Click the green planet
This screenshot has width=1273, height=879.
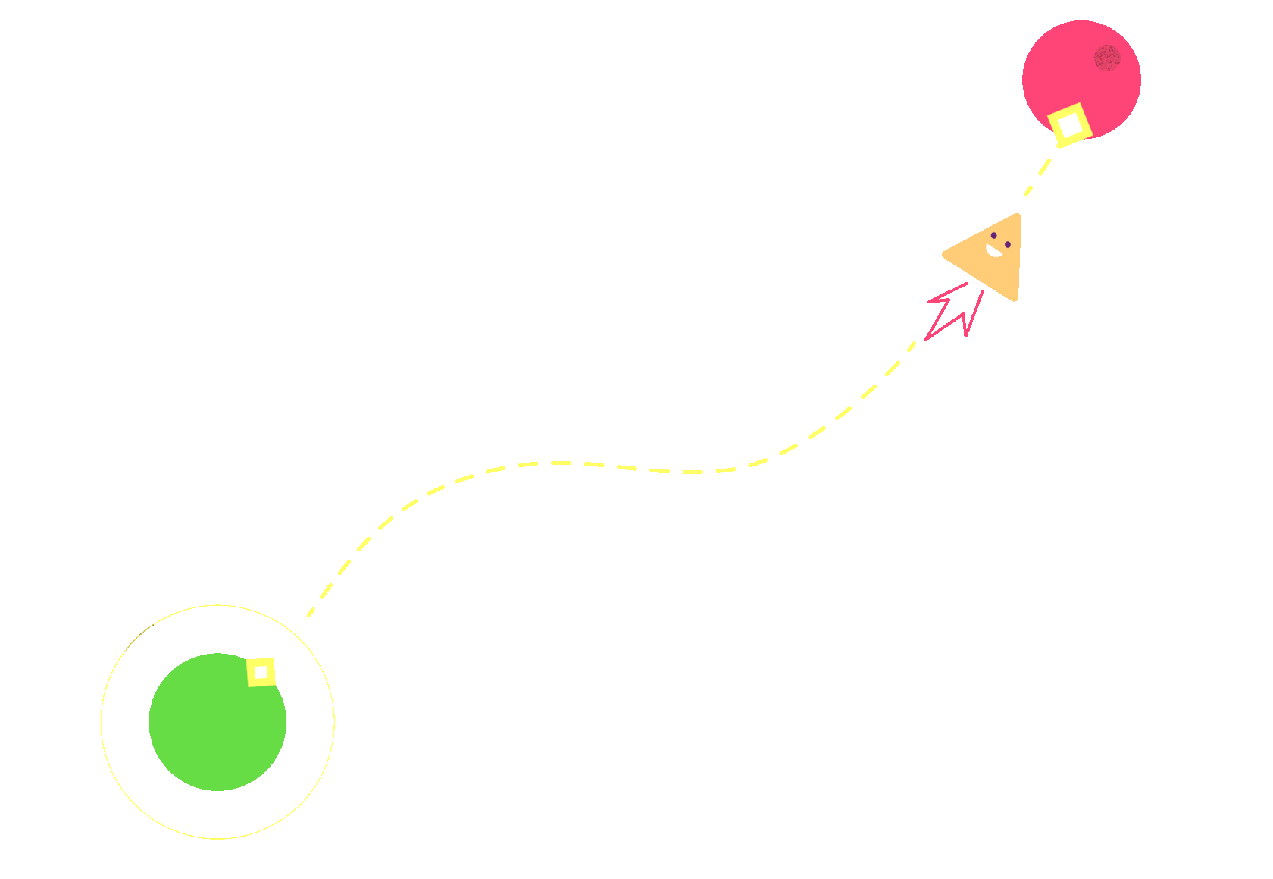[217, 722]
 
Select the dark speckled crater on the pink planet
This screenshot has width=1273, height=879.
[1107, 58]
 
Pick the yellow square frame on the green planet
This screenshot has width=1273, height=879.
[252, 673]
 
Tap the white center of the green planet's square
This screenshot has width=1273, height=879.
[261, 672]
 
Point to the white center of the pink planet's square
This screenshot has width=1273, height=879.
[1070, 125]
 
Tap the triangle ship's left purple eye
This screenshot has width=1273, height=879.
[993, 235]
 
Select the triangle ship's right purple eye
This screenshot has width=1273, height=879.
[1008, 244]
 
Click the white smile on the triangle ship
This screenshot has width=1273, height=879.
[994, 250]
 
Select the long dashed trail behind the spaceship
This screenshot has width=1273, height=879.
[606, 465]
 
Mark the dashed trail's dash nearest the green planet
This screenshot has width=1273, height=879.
[311, 611]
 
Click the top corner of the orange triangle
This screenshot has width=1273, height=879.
[1018, 216]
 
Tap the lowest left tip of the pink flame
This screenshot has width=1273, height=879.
[926, 339]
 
